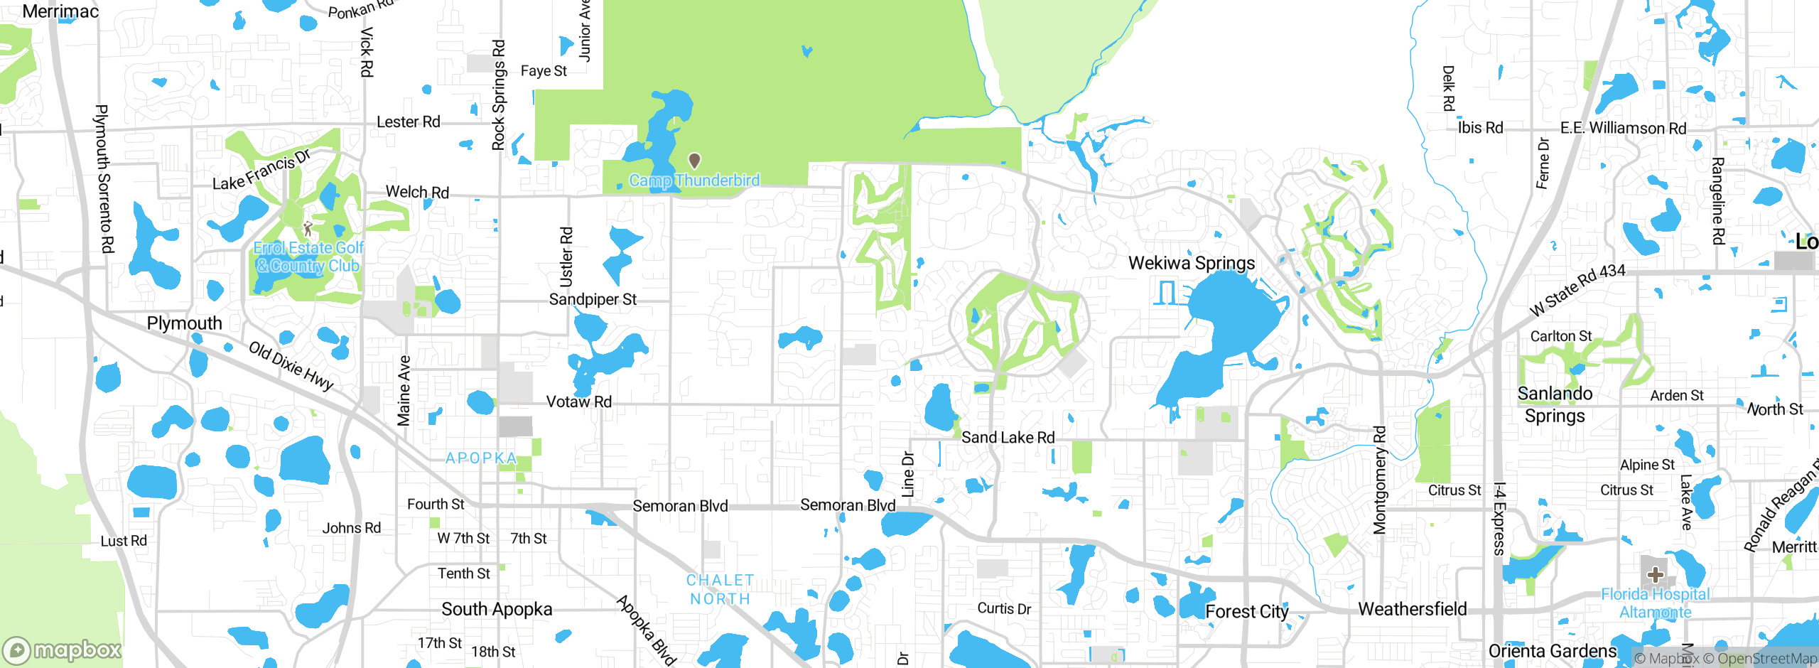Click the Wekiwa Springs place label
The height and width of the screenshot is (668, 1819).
(x=1192, y=263)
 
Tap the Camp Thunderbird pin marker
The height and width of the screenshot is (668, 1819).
(x=695, y=161)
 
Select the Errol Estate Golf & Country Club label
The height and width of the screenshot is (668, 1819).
(x=308, y=257)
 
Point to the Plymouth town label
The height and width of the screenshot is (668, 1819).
(x=184, y=323)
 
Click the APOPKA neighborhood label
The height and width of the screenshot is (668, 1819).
(x=481, y=458)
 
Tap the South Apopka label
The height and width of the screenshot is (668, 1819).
(x=497, y=609)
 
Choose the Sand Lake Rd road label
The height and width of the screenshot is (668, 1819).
(x=1008, y=437)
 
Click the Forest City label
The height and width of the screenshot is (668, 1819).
(x=1247, y=611)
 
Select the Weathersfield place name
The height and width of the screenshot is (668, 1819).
(x=1413, y=609)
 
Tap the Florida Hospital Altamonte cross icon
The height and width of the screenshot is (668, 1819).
(x=1656, y=574)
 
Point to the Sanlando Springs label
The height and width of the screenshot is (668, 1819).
(x=1555, y=404)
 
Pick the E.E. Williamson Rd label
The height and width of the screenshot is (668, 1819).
(x=1623, y=128)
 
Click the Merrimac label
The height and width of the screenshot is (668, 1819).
(x=60, y=11)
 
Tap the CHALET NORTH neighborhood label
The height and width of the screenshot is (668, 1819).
(x=720, y=590)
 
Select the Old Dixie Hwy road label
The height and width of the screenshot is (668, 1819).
(x=291, y=366)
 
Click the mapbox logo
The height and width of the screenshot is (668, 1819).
(x=63, y=650)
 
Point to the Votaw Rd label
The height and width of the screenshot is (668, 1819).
(x=578, y=402)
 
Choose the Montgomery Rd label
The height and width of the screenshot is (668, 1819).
(x=1379, y=480)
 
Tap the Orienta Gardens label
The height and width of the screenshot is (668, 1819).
(x=1552, y=651)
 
